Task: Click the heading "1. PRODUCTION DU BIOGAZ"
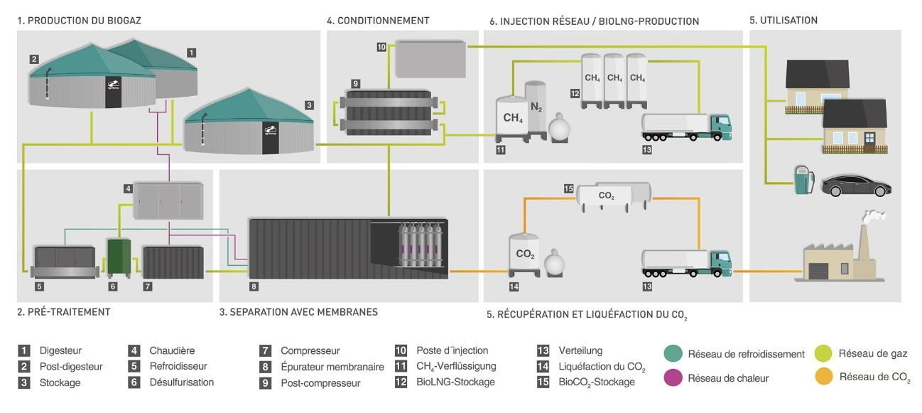point(80,21)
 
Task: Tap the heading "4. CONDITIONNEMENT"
point(378,21)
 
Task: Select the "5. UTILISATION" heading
point(783,21)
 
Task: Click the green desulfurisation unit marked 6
point(119,256)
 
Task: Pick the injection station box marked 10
point(430,59)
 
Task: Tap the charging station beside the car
point(803,181)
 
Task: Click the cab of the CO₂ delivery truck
point(719,262)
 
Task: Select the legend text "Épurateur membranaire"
point(332,367)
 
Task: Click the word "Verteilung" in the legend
point(581,350)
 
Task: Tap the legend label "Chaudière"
point(172,350)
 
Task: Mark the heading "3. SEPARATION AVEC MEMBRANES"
point(299,311)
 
